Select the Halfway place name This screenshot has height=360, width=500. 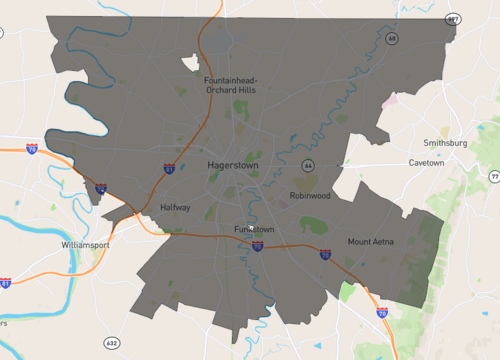coord(175,208)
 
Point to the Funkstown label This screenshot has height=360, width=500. coord(254,229)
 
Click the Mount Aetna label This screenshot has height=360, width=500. coord(371,241)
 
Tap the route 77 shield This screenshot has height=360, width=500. coord(494,176)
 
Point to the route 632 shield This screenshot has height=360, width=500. coord(111,343)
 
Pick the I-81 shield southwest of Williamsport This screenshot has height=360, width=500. coord(6,284)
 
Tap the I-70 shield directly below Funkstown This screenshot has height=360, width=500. coord(257,245)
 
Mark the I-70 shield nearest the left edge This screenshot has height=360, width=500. coord(32,149)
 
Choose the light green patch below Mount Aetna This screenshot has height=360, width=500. coord(347,292)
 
